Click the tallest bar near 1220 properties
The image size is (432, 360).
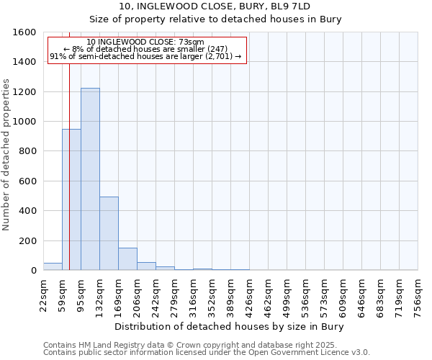[x=90, y=179]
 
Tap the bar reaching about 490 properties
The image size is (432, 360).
[x=109, y=233]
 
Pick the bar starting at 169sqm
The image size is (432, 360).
[x=127, y=259]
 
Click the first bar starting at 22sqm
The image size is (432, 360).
[x=53, y=266]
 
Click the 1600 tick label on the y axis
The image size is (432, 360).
[x=24, y=32]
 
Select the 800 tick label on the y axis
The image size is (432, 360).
[x=27, y=151]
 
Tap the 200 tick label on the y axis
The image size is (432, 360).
[x=27, y=240]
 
